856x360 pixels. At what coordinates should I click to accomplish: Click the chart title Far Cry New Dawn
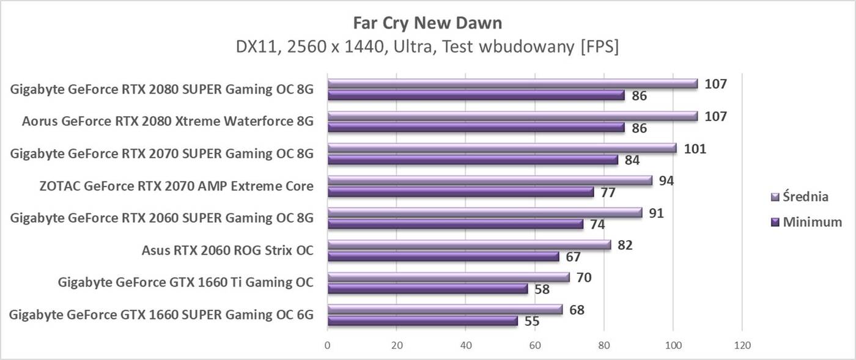[x=427, y=23]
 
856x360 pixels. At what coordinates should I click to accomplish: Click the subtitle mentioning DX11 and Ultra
[x=427, y=47]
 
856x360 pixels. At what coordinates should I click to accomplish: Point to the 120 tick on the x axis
[x=742, y=345]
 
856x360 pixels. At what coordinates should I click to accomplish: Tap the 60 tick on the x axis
[x=535, y=345]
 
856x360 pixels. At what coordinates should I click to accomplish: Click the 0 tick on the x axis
[x=328, y=345]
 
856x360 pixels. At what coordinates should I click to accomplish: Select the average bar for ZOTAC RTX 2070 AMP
[x=490, y=180]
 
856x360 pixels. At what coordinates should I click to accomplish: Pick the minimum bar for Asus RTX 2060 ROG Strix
[x=443, y=256]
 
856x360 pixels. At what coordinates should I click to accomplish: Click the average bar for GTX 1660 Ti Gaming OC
[x=448, y=277]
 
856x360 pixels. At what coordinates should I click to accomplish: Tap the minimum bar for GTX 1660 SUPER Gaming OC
[x=422, y=320]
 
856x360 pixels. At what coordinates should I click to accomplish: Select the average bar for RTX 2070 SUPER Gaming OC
[x=502, y=148]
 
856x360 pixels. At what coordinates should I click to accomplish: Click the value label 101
[x=695, y=148]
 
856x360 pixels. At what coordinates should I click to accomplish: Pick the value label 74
[x=597, y=224]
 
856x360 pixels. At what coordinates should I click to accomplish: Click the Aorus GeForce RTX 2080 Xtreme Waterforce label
[x=168, y=122]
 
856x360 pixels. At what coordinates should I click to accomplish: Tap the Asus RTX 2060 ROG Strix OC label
[x=227, y=250]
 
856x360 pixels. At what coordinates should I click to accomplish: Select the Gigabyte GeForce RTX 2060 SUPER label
[x=162, y=218]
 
